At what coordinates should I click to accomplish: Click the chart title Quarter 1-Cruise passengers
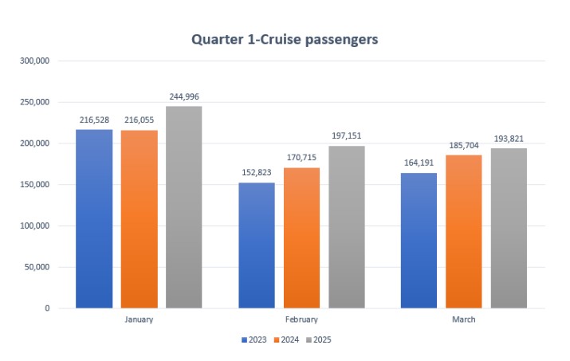click(285, 38)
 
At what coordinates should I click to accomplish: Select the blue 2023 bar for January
click(94, 218)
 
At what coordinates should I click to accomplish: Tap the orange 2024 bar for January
click(140, 219)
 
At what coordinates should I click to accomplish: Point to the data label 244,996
click(184, 96)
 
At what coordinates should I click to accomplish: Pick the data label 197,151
click(347, 136)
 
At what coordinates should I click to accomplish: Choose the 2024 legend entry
click(286, 340)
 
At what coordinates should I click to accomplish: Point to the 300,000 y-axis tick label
click(35, 61)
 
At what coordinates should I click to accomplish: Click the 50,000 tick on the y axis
click(37, 267)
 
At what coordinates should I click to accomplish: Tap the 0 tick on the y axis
click(47, 308)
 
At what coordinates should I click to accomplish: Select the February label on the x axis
click(302, 320)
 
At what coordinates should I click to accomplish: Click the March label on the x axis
click(464, 320)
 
